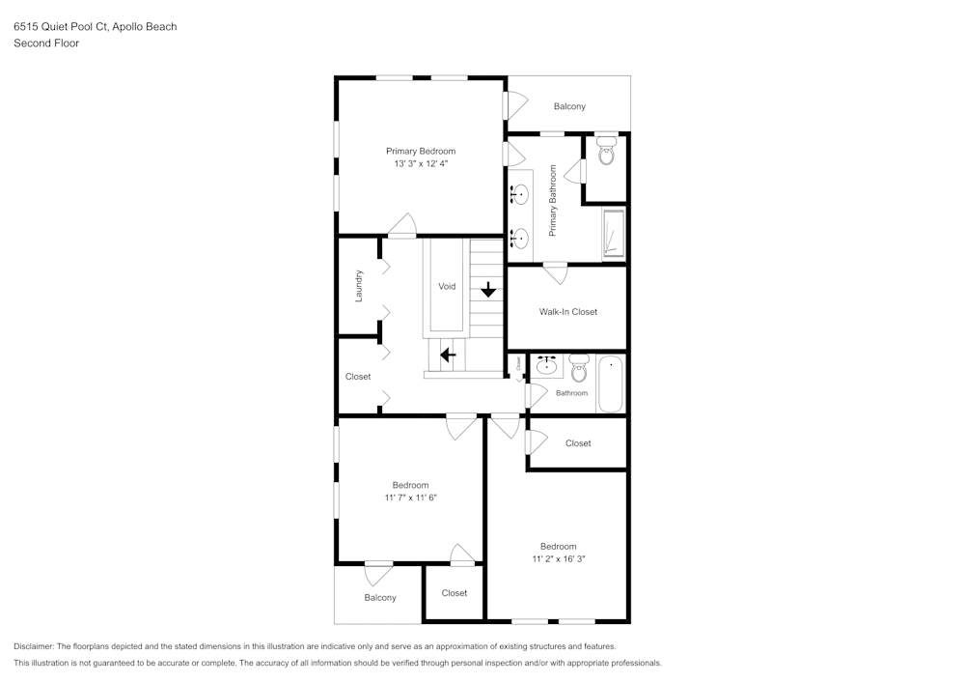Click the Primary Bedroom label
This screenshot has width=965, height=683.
click(x=421, y=151)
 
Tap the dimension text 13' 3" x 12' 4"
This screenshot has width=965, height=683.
click(x=421, y=164)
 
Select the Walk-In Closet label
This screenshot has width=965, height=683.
click(x=567, y=312)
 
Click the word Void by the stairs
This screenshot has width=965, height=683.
click(x=447, y=287)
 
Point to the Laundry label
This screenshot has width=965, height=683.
click(x=358, y=285)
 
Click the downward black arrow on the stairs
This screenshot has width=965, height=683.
click(x=488, y=289)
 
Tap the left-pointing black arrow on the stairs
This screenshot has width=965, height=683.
click(x=448, y=355)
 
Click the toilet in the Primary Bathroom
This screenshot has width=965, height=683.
click(x=606, y=152)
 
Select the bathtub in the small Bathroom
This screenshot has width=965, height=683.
click(x=611, y=384)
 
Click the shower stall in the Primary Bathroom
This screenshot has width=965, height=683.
click(x=613, y=235)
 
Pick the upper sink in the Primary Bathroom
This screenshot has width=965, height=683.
click(x=519, y=195)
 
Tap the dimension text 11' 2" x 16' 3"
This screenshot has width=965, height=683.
click(x=559, y=558)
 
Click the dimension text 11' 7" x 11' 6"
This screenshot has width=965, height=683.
click(x=410, y=498)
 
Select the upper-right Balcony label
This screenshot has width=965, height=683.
click(x=569, y=106)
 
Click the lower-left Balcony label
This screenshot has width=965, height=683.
click(x=380, y=598)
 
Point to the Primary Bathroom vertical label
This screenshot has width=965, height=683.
click(x=553, y=201)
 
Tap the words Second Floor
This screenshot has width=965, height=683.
click(x=46, y=43)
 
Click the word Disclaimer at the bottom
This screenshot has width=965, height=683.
click(x=34, y=646)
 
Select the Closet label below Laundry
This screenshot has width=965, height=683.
click(x=358, y=377)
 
